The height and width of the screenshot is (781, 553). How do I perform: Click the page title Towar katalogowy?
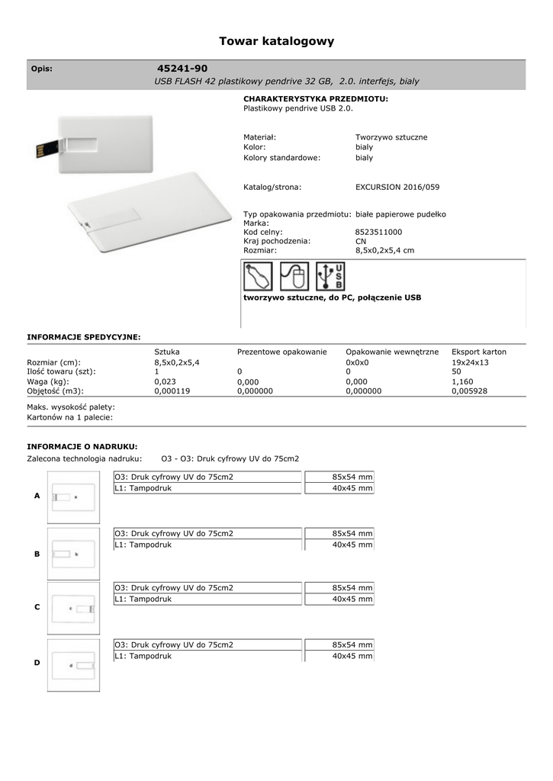pyautogui.click(x=276, y=41)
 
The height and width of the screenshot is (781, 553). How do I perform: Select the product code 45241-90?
pyautogui.click(x=182, y=69)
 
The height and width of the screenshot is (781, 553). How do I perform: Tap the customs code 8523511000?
pyautogui.click(x=378, y=232)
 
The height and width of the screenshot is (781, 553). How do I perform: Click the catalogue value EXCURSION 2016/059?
pyautogui.click(x=397, y=187)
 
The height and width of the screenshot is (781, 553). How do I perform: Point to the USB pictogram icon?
pyautogui.click(x=330, y=277)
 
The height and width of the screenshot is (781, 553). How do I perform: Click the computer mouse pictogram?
pyautogui.click(x=294, y=277)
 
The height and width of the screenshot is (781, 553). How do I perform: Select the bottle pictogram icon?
pyautogui.click(x=258, y=277)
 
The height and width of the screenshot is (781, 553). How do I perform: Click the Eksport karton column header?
pyautogui.click(x=478, y=352)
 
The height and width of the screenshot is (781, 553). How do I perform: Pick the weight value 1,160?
pyautogui.click(x=462, y=381)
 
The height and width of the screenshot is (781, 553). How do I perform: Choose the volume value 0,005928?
pyautogui.click(x=469, y=390)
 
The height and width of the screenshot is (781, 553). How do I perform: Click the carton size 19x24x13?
pyautogui.click(x=470, y=362)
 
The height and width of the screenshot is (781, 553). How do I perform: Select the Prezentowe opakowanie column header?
pyautogui.click(x=281, y=352)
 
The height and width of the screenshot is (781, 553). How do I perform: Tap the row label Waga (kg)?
pyautogui.click(x=48, y=381)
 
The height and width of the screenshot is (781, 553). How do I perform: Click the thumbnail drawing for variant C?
pyautogui.click(x=73, y=608)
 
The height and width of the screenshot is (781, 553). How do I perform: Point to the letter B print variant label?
pyautogui.click(x=37, y=554)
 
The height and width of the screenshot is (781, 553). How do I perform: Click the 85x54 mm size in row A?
pyautogui.click(x=352, y=477)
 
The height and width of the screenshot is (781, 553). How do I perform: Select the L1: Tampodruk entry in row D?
pyautogui.click(x=143, y=656)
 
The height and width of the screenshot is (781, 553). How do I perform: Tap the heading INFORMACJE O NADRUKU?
pyautogui.click(x=82, y=446)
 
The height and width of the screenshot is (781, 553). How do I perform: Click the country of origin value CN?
pyautogui.click(x=361, y=241)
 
